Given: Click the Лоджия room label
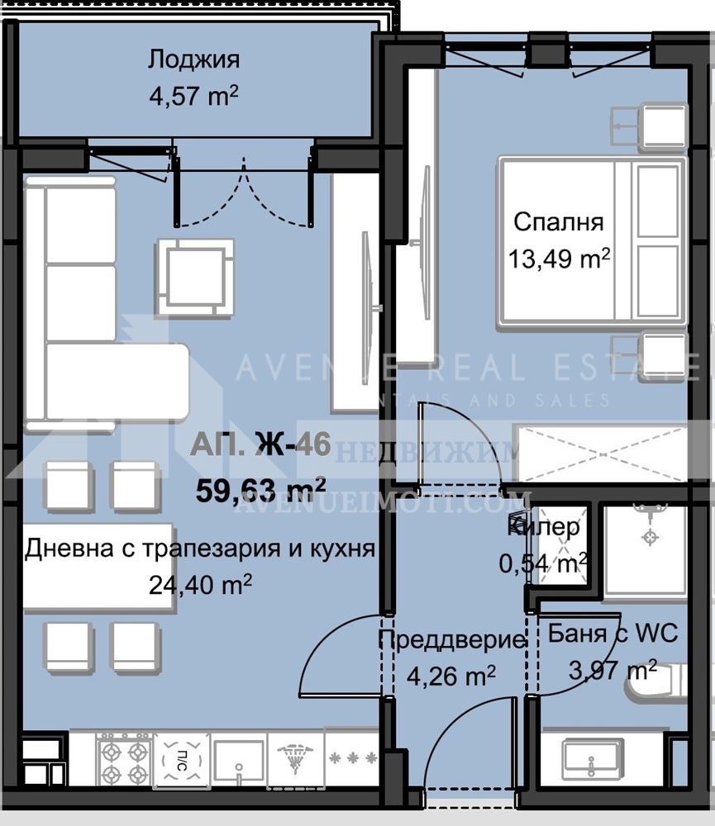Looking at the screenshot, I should (193, 60).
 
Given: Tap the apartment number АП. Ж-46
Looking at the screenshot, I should (260, 447).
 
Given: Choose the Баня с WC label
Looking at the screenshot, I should (613, 634).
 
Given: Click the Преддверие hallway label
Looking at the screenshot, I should (451, 639).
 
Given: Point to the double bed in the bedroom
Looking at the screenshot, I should (590, 242).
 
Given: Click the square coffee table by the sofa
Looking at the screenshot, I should (194, 277).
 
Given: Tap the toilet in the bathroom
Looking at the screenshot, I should (657, 681).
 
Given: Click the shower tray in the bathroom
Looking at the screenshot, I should (645, 548).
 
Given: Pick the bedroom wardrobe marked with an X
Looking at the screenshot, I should (599, 454).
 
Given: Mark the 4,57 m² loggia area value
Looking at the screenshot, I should (193, 97).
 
